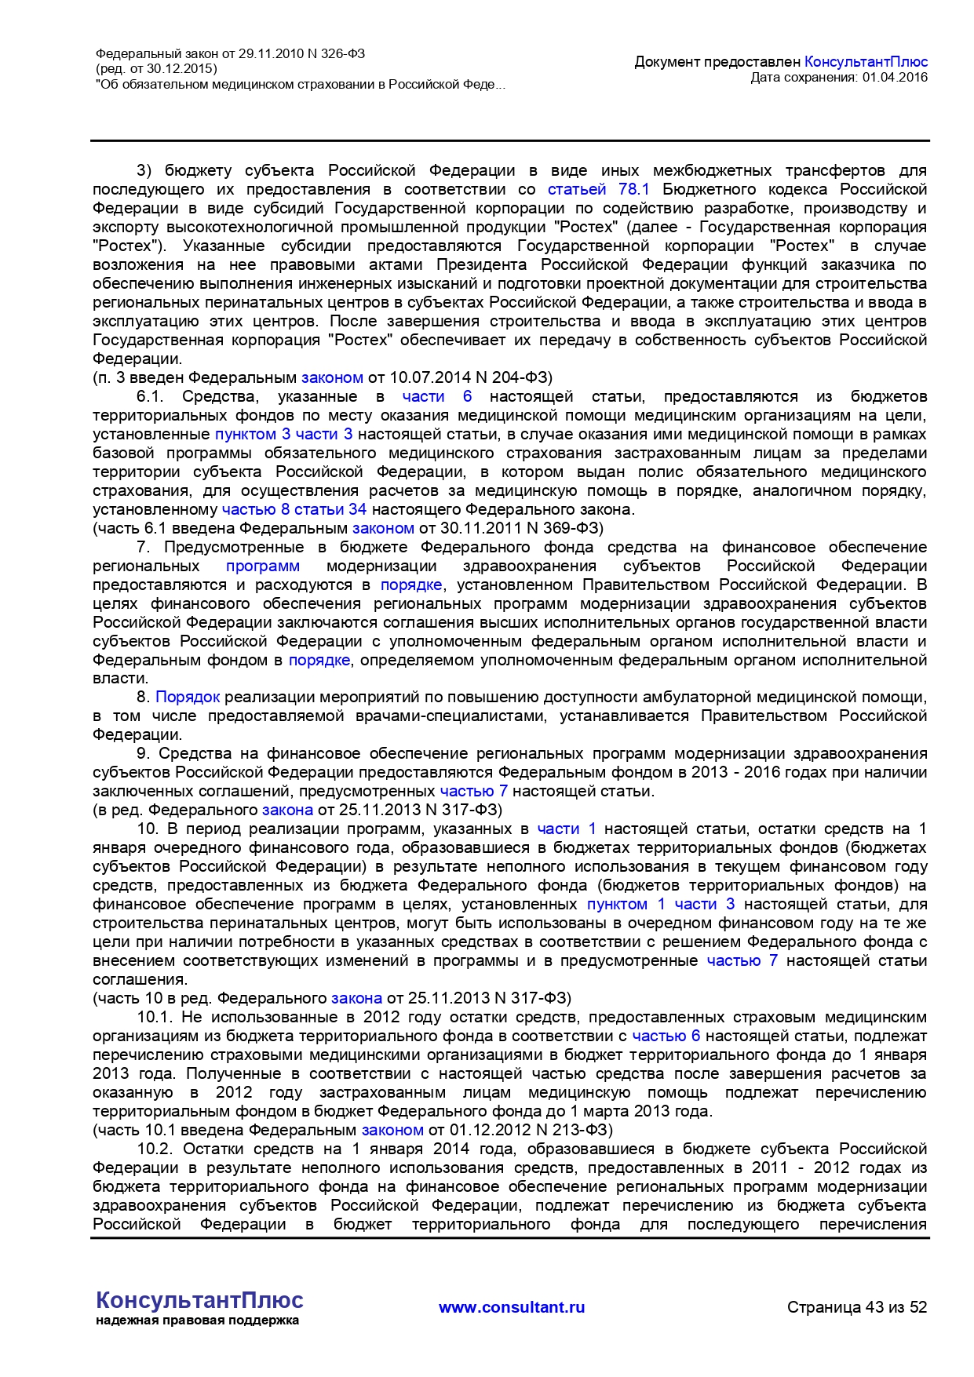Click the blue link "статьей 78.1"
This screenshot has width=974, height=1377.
tap(598, 189)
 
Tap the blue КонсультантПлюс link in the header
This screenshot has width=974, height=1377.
tap(866, 61)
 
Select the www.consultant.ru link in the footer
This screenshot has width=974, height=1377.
tap(512, 1307)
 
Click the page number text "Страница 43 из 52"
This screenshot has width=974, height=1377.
tap(857, 1307)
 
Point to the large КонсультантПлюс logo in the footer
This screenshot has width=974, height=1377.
tap(199, 1300)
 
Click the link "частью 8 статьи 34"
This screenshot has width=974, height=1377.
tap(294, 509)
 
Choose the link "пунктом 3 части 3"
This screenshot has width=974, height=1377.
tap(283, 434)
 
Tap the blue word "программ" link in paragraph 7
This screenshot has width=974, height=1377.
tap(263, 566)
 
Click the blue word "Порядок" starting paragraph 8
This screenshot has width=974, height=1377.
tap(188, 697)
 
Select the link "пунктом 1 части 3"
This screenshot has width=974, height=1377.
tap(661, 904)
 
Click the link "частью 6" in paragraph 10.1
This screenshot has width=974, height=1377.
tap(666, 1036)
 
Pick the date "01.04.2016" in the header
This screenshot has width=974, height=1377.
tap(895, 77)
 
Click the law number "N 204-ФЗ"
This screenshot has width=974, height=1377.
tap(514, 377)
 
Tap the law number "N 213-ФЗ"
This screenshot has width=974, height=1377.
tap(575, 1130)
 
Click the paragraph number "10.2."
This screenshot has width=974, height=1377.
tap(154, 1149)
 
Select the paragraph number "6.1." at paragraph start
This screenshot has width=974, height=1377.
tap(150, 396)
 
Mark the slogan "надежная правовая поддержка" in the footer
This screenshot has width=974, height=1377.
tap(197, 1321)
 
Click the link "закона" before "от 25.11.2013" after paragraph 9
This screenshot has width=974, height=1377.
tap(287, 810)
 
